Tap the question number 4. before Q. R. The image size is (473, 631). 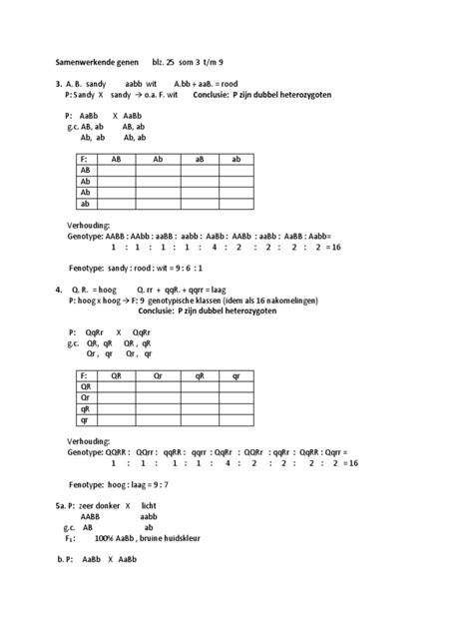tap(59, 289)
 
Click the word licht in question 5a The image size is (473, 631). tap(150, 506)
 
